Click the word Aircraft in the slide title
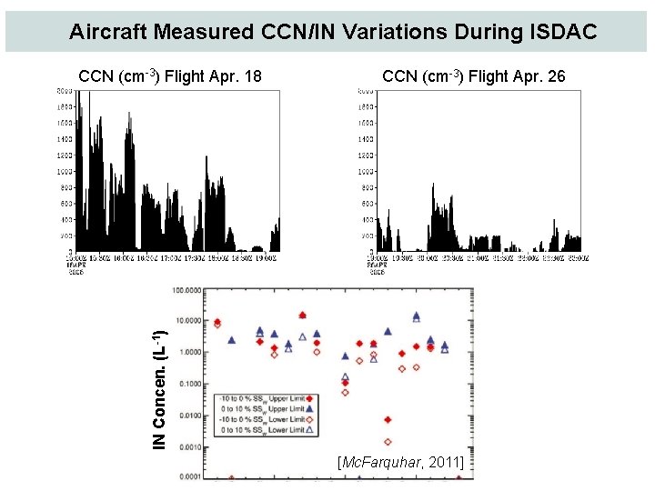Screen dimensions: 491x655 108,33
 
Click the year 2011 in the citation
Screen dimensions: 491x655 447,465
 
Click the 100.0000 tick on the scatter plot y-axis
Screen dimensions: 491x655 187,291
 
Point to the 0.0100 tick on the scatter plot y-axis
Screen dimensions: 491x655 189,416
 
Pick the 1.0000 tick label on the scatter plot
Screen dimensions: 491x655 189,353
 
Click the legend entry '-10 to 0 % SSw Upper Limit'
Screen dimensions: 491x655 264,398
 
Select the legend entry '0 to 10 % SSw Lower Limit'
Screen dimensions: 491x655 264,430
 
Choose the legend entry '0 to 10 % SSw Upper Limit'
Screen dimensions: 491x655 264,409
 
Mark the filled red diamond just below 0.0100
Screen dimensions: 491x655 388,420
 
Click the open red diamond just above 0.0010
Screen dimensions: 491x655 388,442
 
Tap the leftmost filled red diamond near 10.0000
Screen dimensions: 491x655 217,322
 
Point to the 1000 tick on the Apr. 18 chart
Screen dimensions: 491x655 64,171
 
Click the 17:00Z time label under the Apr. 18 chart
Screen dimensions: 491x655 171,257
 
